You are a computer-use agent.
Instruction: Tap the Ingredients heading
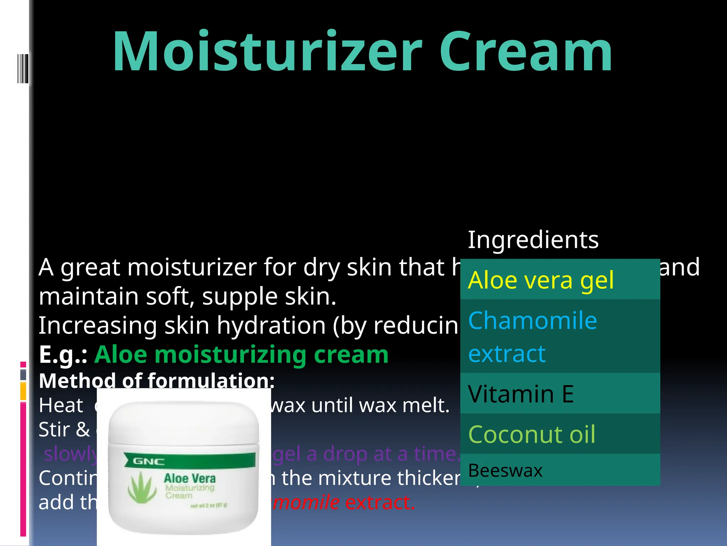pos(533,240)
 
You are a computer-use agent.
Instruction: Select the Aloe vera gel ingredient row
pos(560,280)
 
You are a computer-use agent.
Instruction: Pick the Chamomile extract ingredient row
pos(560,336)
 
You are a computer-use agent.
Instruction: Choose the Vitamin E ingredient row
pos(560,394)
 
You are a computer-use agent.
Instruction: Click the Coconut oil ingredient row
pos(560,434)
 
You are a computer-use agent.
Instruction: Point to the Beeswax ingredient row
pos(560,470)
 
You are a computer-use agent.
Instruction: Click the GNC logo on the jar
pos(149,461)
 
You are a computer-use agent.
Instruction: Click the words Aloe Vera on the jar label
pos(190,478)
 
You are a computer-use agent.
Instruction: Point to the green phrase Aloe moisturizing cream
pos(241,354)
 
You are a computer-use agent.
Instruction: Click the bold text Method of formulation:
pos(157,380)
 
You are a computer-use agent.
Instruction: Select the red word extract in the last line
pos(380,502)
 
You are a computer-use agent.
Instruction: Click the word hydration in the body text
pos(271,325)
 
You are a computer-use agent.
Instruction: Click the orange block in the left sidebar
pos(23,391)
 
